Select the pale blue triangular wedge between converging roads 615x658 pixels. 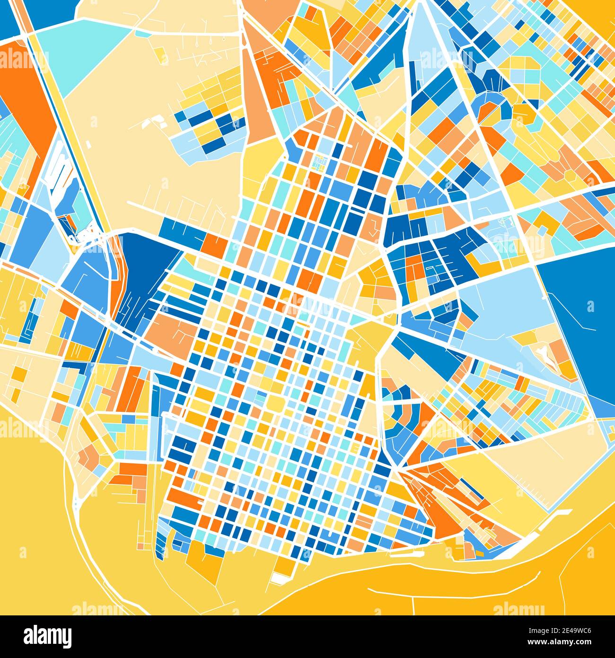416,43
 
